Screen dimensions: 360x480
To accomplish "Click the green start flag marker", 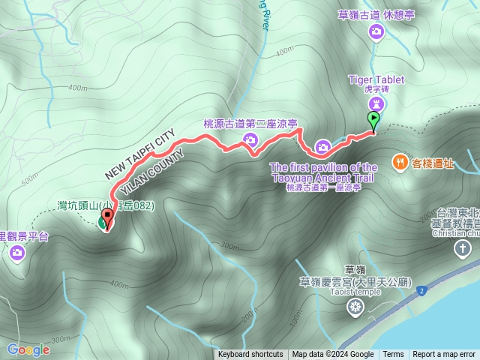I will [x=373, y=119].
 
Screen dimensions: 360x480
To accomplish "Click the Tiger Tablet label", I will [x=376, y=79].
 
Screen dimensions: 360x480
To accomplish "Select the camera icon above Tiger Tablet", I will [x=376, y=31].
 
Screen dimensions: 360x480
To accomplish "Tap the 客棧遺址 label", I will [x=433, y=162].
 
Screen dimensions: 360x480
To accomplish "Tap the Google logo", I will [x=28, y=349].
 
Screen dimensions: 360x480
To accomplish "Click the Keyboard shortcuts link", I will [x=250, y=355].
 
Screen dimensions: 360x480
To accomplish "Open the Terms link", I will [x=393, y=355].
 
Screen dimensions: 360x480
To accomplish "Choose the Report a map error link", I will [x=444, y=355].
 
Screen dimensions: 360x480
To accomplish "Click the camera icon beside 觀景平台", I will [x=16, y=253].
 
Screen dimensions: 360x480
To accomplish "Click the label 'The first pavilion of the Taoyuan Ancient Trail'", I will [x=323, y=172].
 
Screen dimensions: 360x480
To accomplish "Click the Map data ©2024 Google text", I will [x=333, y=355].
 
